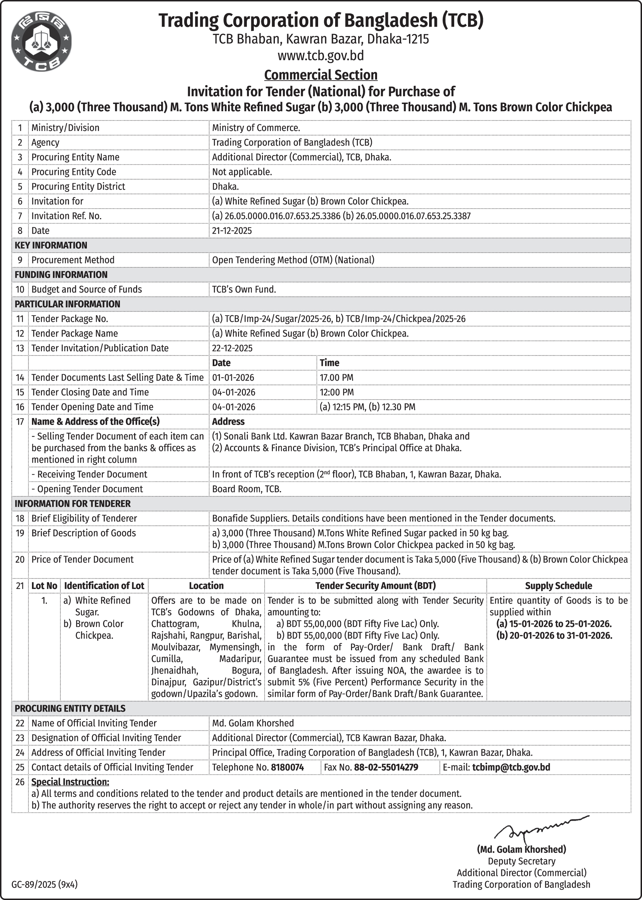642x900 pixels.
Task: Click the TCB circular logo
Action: pyautogui.click(x=42, y=42)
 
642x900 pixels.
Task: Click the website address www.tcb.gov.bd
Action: pyautogui.click(x=321, y=56)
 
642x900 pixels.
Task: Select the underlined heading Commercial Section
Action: pyautogui.click(x=321, y=75)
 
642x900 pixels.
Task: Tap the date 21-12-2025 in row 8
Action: pyautogui.click(x=232, y=231)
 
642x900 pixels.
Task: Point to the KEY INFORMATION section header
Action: pyautogui.click(x=51, y=246)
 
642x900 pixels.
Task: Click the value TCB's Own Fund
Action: pyautogui.click(x=244, y=289)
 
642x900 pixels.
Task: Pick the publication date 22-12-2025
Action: pyautogui.click(x=232, y=348)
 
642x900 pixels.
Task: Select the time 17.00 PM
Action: pyautogui.click(x=336, y=378)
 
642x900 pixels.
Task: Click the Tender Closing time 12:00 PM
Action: pyautogui.click(x=336, y=392)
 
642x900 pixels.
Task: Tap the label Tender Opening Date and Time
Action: pyautogui.click(x=92, y=407)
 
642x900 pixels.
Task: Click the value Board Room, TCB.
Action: pyautogui.click(x=247, y=489)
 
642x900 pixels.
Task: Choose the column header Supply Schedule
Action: pyautogui.click(x=558, y=586)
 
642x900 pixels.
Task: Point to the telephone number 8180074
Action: pyautogui.click(x=287, y=767)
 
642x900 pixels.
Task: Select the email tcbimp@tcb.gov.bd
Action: pyautogui.click(x=511, y=767)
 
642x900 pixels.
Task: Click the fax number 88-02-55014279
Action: pyautogui.click(x=386, y=767)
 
